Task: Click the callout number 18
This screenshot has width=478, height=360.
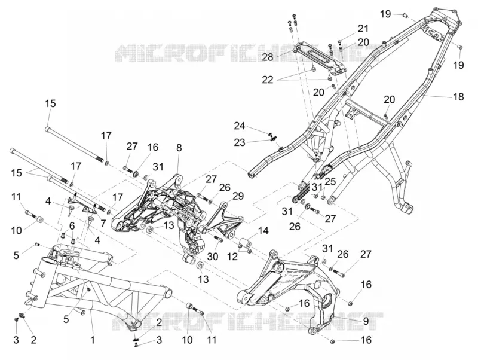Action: [458, 97]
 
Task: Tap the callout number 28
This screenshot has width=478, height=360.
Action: [268, 57]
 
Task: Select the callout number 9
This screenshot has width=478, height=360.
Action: [366, 321]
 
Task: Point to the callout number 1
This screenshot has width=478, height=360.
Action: [93, 340]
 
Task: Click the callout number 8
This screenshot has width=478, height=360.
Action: [179, 148]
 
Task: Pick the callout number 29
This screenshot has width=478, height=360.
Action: [238, 196]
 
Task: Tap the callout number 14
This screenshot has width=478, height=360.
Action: [263, 231]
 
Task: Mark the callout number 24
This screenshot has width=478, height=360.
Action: [240, 126]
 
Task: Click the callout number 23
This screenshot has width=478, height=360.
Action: [240, 142]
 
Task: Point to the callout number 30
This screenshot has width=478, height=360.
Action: [213, 257]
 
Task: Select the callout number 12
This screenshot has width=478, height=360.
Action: [232, 257]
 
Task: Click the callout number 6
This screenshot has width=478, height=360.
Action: [72, 226]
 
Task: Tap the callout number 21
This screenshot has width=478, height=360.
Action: [363, 29]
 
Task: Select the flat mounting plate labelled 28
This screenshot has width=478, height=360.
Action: [317, 57]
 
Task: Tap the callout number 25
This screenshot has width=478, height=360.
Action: [330, 182]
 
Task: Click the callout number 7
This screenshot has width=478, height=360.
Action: [103, 223]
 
